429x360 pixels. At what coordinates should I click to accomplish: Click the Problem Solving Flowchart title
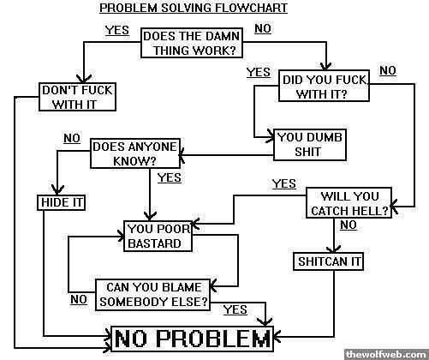click(x=194, y=8)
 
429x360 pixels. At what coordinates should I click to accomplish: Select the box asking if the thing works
click(x=192, y=43)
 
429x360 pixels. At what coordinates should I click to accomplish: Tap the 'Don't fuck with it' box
click(x=77, y=97)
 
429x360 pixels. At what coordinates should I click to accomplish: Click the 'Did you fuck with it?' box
click(x=324, y=86)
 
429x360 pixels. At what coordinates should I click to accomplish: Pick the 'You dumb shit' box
click(x=310, y=145)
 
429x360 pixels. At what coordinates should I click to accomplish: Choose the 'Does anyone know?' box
click(x=135, y=153)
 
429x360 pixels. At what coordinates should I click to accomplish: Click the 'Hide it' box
click(x=62, y=202)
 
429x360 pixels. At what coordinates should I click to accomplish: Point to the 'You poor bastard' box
click(x=158, y=236)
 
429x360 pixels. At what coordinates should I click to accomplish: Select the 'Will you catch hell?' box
click(x=349, y=203)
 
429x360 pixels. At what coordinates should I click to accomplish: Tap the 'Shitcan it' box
click(x=329, y=261)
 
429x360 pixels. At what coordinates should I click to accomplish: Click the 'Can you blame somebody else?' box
click(x=152, y=295)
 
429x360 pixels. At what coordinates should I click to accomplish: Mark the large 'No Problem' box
click(x=192, y=339)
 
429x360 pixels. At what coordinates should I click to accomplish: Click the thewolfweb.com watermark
click(x=386, y=354)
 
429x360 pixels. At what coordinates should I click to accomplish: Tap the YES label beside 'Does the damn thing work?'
click(x=117, y=30)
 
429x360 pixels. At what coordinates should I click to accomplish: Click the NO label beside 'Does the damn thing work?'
click(x=263, y=28)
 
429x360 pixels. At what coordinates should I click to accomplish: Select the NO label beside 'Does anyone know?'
click(x=72, y=138)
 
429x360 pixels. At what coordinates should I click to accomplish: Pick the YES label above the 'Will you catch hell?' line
click(x=284, y=183)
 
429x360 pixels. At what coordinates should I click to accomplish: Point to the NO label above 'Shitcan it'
click(x=349, y=225)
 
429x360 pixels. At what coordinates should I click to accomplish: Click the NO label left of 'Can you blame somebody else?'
click(x=79, y=300)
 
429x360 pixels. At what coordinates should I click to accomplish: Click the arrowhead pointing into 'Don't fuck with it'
click(x=84, y=79)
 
